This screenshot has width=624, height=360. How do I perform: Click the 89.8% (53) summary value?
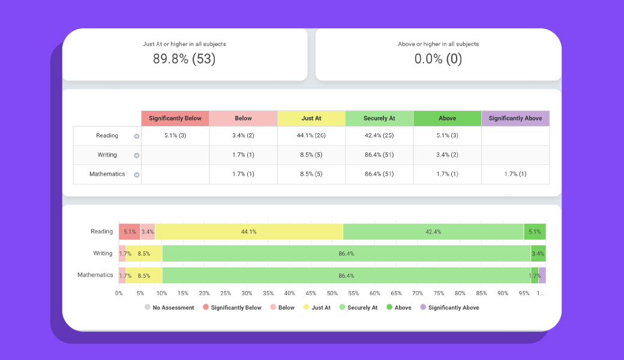pos(184,59)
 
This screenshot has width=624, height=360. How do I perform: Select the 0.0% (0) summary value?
pos(438,59)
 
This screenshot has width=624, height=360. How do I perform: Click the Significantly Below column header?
pos(175,118)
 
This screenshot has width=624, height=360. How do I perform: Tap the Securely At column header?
pos(379,118)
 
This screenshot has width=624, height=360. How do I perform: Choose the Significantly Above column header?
pos(515,118)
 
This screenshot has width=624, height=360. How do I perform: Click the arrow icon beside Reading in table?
pos(136,136)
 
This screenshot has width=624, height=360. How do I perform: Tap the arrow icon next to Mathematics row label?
pos(136,175)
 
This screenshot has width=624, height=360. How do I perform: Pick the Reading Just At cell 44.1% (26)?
pos(311,136)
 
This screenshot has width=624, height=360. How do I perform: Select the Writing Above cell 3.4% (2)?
pos(447,155)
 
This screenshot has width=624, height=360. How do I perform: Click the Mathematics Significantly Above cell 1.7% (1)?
pos(515,174)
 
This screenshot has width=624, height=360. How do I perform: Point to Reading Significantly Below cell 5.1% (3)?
pos(175,136)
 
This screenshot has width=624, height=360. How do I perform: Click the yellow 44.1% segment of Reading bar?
pos(249,232)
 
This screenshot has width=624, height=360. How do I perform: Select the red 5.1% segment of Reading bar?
pos(130,232)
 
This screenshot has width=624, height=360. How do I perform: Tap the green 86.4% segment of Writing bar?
pos(346,253)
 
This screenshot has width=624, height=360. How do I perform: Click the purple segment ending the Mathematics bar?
pos(542,275)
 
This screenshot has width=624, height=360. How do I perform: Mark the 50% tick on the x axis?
pos(332,293)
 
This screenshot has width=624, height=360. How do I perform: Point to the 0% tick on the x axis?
pos(119,293)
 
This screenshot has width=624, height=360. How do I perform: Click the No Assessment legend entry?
pos(169,307)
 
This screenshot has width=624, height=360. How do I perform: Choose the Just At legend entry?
pos(317,307)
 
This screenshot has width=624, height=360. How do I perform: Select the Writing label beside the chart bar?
pos(103,253)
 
